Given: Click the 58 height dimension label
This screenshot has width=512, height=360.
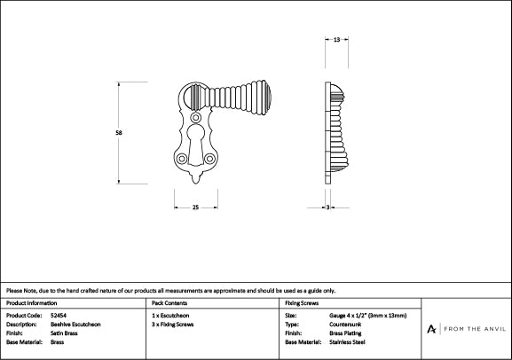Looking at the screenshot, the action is click(x=119, y=132).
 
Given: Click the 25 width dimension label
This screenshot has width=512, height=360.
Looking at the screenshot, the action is click(x=195, y=207).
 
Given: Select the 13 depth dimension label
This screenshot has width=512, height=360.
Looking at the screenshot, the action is click(x=336, y=40).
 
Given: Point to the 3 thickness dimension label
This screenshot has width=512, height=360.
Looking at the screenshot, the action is click(x=327, y=207).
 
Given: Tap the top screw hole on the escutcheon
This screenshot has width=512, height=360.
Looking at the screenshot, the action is click(x=195, y=117).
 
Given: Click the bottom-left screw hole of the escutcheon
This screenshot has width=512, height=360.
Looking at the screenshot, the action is click(x=182, y=159).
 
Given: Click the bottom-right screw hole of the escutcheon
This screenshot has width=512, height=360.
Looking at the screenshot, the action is click(x=209, y=159).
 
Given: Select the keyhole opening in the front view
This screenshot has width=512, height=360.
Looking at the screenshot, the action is click(x=195, y=145).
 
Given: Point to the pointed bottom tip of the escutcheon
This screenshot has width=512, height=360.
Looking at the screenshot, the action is click(x=195, y=184).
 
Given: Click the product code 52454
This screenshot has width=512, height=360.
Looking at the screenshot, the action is click(x=59, y=316).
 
